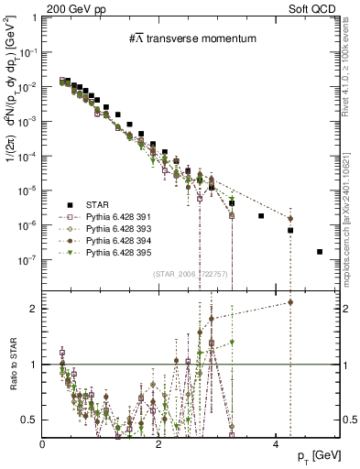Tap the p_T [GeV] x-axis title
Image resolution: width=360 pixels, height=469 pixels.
pyautogui.click(x=312, y=455)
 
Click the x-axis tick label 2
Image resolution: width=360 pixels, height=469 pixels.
pyautogui.click(x=159, y=443)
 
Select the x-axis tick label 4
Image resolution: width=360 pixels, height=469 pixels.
pyautogui.click(x=276, y=443)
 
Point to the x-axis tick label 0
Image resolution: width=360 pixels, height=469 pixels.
pyautogui.click(x=43, y=443)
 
